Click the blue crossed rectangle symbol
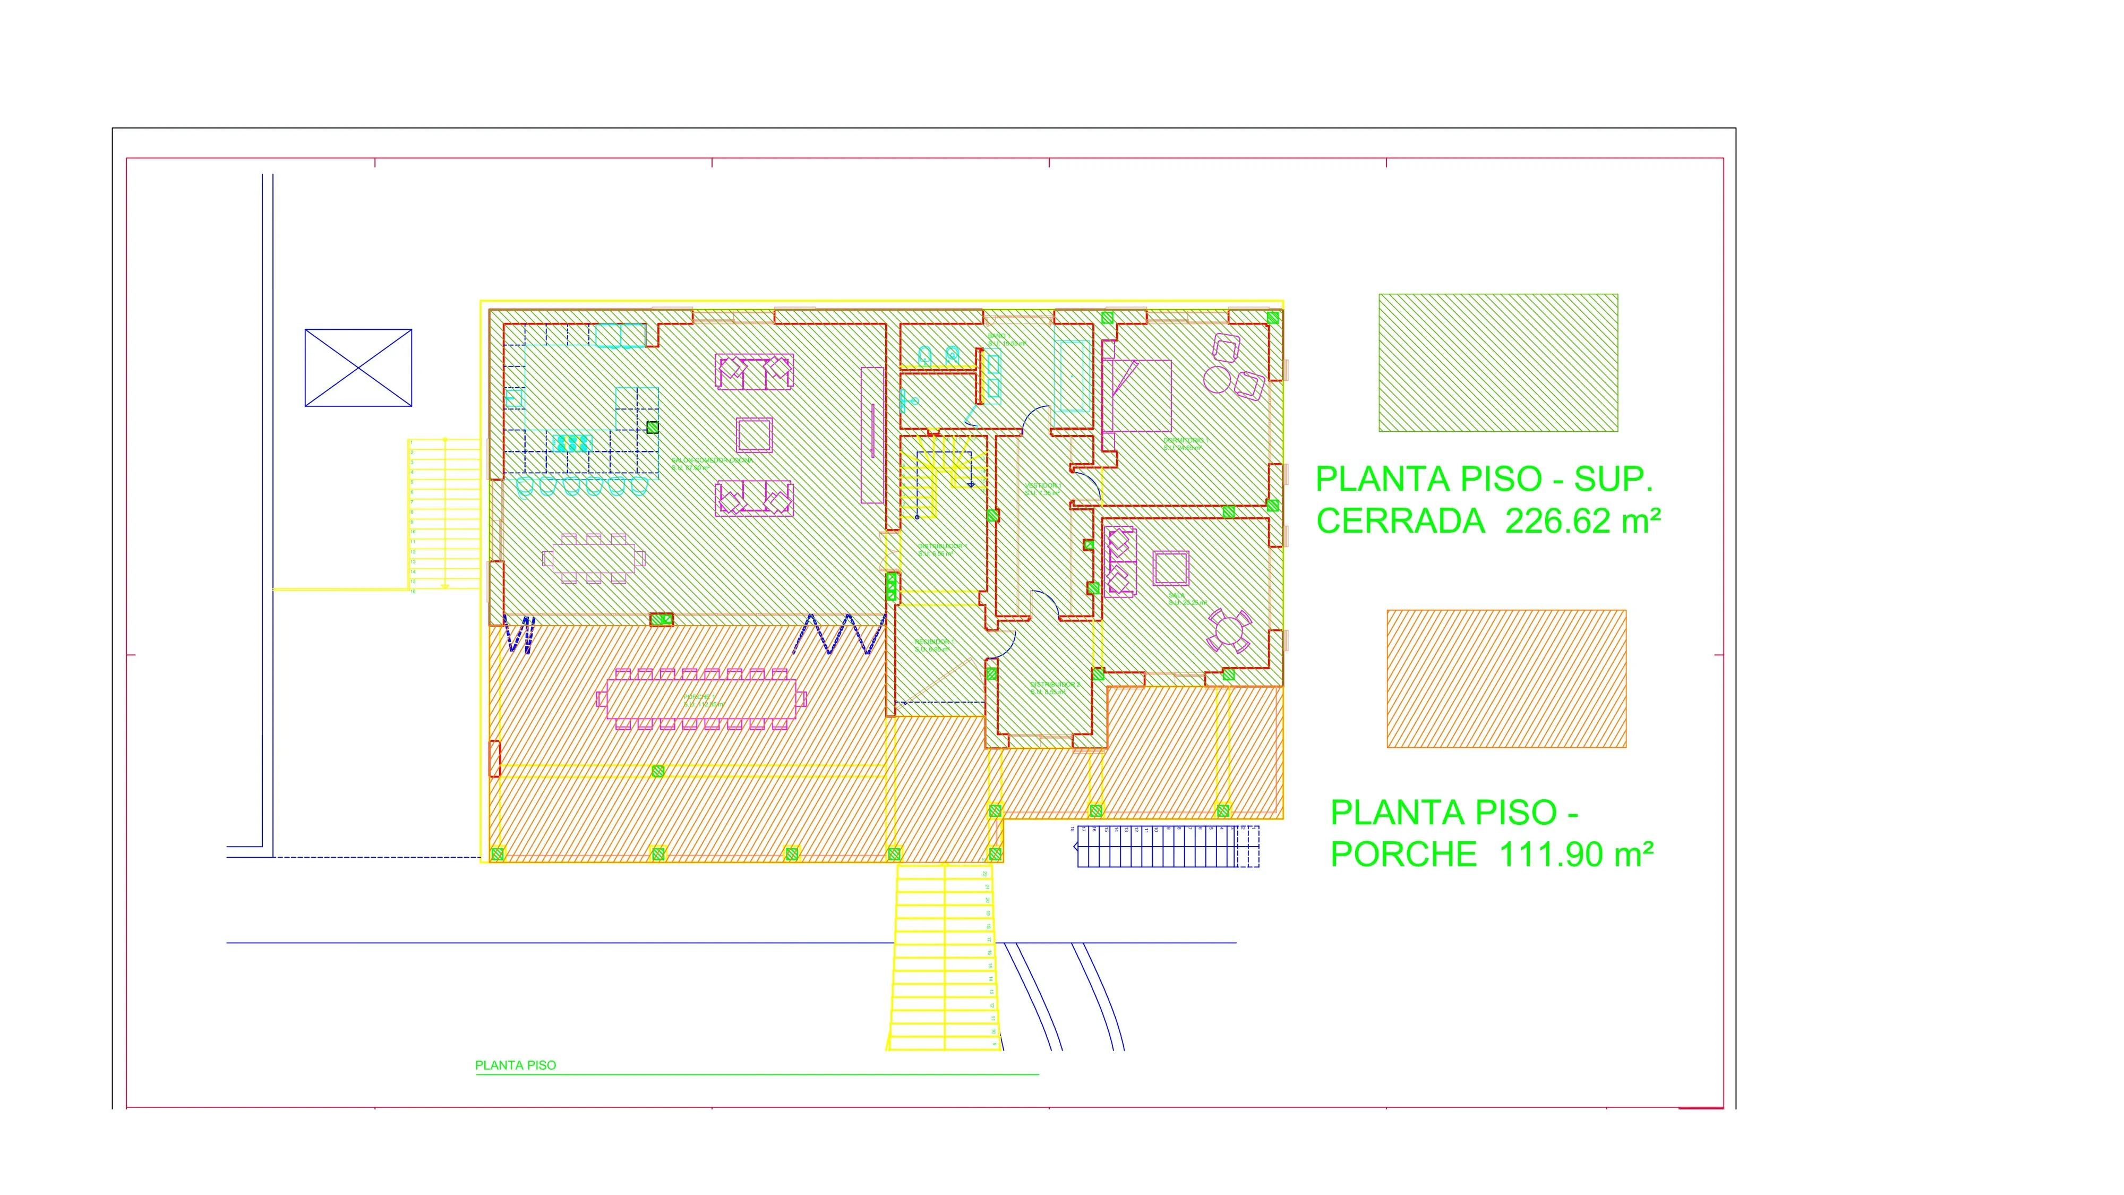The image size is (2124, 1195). click(358, 368)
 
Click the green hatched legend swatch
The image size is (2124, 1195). click(1497, 363)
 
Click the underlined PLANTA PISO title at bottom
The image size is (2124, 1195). click(515, 1065)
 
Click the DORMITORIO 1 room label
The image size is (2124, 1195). click(1186, 443)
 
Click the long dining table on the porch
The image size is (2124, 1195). click(701, 698)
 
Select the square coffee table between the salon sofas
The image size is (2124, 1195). click(753, 434)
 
